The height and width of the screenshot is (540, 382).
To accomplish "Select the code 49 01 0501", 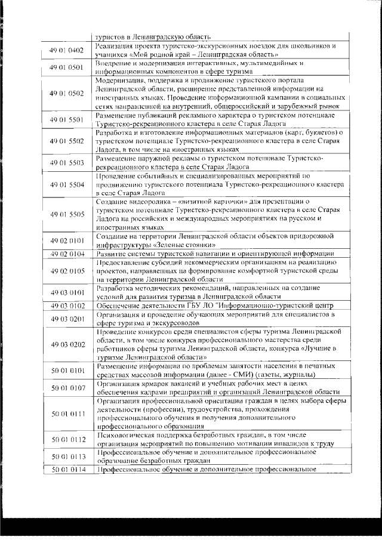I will tap(67, 67).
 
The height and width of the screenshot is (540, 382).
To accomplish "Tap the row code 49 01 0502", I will tap(67, 94).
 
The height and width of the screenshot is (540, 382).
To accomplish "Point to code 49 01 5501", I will tap(67, 119).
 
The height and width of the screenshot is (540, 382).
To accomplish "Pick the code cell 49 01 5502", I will tap(67, 141).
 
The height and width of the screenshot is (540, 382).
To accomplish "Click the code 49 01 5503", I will tap(67, 163).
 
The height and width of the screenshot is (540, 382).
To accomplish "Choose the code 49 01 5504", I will tap(67, 185).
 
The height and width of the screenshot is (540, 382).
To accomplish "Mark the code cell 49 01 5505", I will tap(67, 215).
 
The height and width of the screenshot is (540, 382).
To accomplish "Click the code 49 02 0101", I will tap(67, 242).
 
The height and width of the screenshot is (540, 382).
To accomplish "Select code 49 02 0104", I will tap(67, 254).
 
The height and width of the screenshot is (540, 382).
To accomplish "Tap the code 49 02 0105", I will tap(67, 270).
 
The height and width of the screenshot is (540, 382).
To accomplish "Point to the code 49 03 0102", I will tap(67, 305).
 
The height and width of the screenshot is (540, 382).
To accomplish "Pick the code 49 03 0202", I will tap(67, 344).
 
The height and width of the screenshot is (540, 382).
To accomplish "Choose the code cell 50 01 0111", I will tap(67, 413).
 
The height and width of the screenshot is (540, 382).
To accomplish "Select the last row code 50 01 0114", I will tap(67, 470).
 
